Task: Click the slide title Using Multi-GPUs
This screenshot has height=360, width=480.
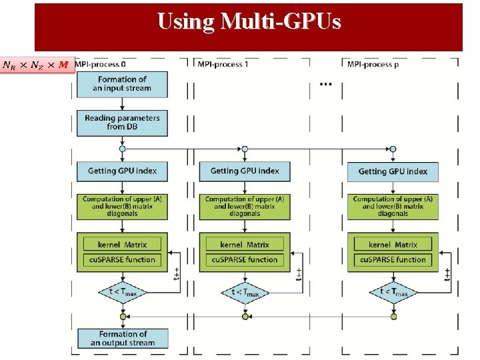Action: [x=249, y=22]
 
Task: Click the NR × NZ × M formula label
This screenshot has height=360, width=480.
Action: [x=37, y=65]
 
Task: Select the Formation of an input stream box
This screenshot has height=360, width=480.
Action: [x=122, y=84]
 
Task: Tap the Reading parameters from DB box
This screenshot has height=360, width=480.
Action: [x=122, y=122]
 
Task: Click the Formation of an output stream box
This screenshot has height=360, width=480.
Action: [x=122, y=339]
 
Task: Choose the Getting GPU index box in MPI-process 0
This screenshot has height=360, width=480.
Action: [x=122, y=171]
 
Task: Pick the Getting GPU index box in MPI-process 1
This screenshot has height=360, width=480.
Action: [x=245, y=171]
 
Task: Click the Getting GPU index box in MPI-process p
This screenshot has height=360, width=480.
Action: [x=393, y=172]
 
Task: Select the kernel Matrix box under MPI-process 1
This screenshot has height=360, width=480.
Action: [x=245, y=245]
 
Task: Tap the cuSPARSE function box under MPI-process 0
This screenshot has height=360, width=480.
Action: [x=122, y=259]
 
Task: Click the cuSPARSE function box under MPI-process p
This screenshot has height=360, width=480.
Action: [x=393, y=259]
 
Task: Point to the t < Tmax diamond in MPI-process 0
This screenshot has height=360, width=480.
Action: [x=122, y=292]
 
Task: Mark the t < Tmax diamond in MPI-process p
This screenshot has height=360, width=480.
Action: [x=393, y=292]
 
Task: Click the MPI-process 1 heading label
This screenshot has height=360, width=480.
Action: [x=223, y=64]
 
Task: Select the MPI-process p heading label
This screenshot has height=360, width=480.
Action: [x=371, y=64]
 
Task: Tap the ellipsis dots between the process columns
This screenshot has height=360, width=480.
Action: [x=326, y=85]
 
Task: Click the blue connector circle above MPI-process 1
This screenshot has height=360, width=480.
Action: [x=245, y=149]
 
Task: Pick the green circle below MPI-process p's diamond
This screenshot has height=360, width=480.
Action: [x=393, y=317]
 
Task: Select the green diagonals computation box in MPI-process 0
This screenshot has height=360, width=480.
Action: [x=122, y=206]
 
